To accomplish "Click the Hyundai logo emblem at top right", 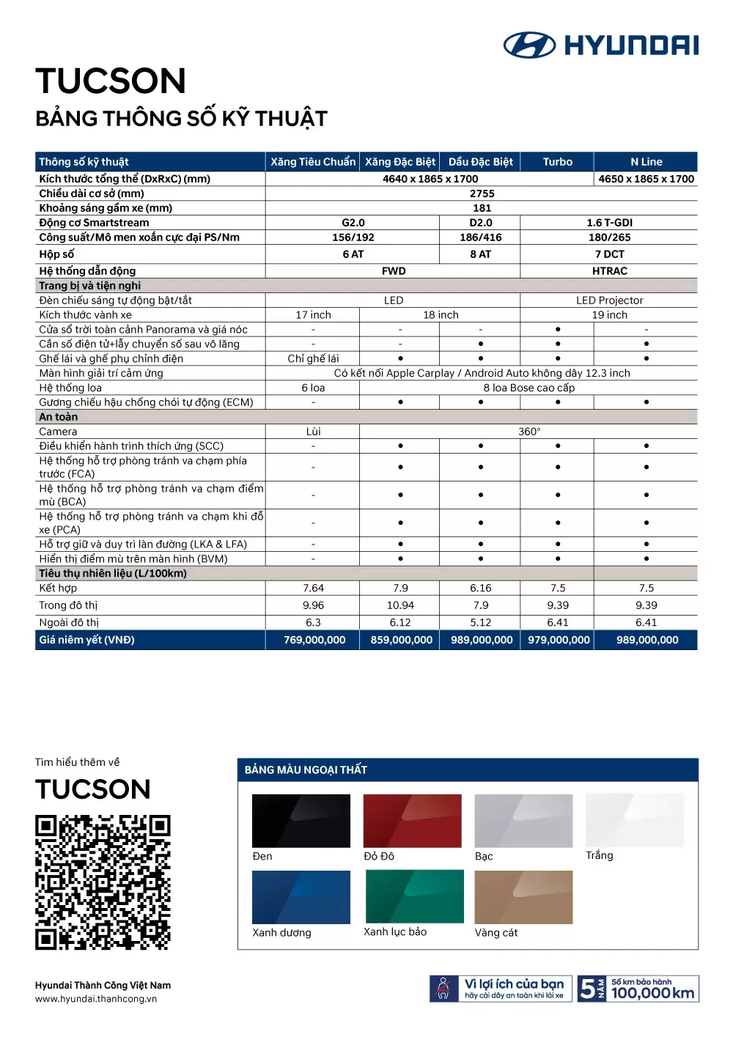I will (529, 45).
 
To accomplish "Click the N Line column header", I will (646, 162).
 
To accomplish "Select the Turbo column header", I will (557, 162).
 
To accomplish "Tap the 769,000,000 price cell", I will (314, 640).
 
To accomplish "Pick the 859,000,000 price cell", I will (401, 640).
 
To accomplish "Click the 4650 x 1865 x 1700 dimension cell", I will (646, 179).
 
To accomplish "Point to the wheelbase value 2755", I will (482, 193).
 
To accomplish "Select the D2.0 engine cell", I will (480, 223).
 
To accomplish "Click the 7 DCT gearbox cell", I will (609, 254).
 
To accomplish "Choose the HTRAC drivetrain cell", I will (609, 271).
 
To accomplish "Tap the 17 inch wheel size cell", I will (313, 315).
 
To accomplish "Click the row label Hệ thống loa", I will (70, 388).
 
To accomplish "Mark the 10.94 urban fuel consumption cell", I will (400, 605).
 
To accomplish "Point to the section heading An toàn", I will (59, 417).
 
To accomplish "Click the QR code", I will (103, 882).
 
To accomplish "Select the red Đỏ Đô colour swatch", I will (412, 821).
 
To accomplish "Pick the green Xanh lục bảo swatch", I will (414, 896).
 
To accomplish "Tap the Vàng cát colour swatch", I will (523, 897).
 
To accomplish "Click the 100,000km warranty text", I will (652, 993).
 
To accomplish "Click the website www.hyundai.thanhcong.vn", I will (96, 999).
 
